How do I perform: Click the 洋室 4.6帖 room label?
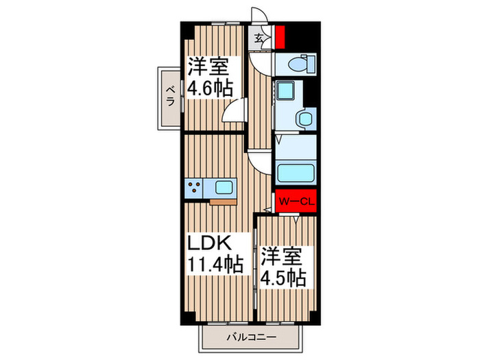pyautogui.click(x=210, y=77)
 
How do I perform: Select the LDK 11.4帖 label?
pyautogui.click(x=215, y=254)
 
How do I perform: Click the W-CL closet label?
pyautogui.click(x=296, y=202)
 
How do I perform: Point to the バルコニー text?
pyautogui.click(x=252, y=337)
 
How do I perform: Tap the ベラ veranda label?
pyautogui.click(x=170, y=96)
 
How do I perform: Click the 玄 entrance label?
pyautogui.click(x=259, y=38)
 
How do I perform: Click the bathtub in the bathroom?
pyautogui.click(x=296, y=174)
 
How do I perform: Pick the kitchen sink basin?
pyautogui.click(x=224, y=188)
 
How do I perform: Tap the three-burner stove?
pyautogui.click(x=194, y=188)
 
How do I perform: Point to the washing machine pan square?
pyautogui.click(x=286, y=91)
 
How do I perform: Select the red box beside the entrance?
pyautogui.click(x=280, y=37)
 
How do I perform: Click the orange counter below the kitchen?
pyautogui.click(x=223, y=202)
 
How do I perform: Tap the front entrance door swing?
pyautogui.click(x=259, y=14)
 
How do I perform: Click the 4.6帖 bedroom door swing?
pyautogui.click(x=235, y=111)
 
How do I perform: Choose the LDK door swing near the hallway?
pyautogui.click(x=260, y=164)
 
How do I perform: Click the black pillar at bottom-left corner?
pyautogui.click(x=189, y=317)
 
